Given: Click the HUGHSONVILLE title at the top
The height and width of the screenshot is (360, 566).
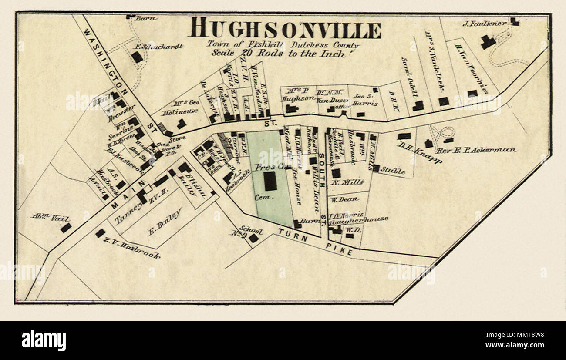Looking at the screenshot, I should pos(285,28).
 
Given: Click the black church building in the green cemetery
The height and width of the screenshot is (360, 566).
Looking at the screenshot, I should pos(270,181).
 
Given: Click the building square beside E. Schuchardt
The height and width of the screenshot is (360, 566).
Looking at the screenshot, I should pos(137,57).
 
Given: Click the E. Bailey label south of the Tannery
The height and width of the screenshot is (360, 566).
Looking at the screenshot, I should pos(165,222).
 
